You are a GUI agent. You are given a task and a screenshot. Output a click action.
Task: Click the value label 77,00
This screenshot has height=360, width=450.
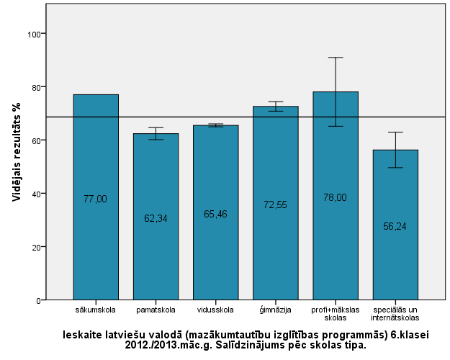pyautogui.click(x=96, y=199)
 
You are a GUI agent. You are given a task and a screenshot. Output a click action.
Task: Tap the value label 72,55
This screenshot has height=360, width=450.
pyautogui.click(x=275, y=204)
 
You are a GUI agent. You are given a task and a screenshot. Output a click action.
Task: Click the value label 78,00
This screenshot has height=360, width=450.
pyautogui.click(x=335, y=197)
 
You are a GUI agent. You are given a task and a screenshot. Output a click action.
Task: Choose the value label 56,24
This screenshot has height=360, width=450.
pyautogui.click(x=395, y=226)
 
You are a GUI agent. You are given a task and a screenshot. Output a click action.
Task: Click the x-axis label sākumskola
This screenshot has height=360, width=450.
pyautogui.click(x=96, y=310)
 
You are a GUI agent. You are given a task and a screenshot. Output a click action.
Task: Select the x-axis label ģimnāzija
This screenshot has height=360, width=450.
pyautogui.click(x=275, y=310)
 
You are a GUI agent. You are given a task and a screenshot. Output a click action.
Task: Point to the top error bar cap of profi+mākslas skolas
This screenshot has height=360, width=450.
pyautogui.click(x=335, y=58)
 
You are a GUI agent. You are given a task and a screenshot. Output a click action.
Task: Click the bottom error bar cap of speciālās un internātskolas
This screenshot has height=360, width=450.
pyautogui.click(x=395, y=168)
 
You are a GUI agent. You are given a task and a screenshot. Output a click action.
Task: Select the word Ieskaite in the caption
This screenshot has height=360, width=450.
pyautogui.click(x=81, y=334)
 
